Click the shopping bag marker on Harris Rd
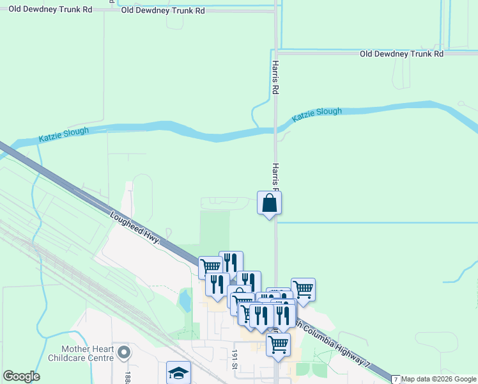tap(270, 204)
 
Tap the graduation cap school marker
tap(178, 373)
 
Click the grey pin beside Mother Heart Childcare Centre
tap(124, 353)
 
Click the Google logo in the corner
tap(21, 376)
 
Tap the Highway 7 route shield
tap(396, 380)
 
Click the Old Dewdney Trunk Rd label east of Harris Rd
tap(401, 54)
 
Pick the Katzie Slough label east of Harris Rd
tap(317, 115)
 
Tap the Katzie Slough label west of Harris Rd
tap(64, 134)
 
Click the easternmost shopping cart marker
tap(303, 289)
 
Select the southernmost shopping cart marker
tap(278, 344)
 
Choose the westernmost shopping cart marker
tap(210, 267)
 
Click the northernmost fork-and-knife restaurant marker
tap(231, 262)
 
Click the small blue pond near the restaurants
tap(185, 300)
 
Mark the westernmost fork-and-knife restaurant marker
tap(217, 284)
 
